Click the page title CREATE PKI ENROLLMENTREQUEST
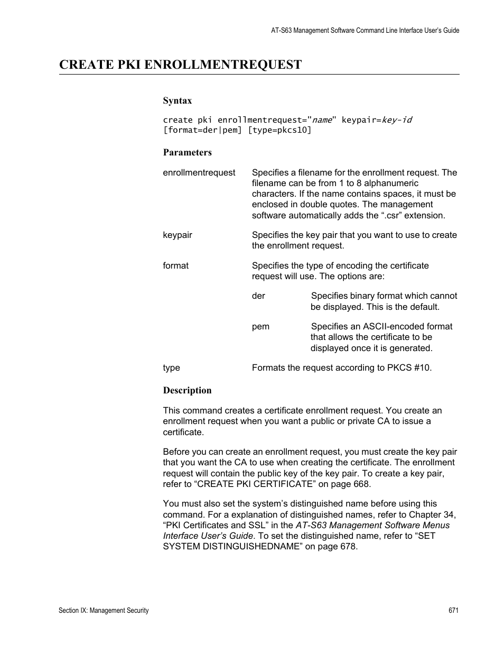pos(180,65)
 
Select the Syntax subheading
pos(177,100)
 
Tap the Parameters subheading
pos(187,152)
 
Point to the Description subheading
pos(187,390)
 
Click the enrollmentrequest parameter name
pos(199,172)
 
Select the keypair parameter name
pos(178,235)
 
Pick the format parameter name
pos(175,265)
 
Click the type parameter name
pos(171,367)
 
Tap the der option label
pos(258,296)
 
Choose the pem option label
pos(260,326)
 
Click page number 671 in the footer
pos(453,610)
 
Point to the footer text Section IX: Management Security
pos(104,610)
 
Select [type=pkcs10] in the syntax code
pos(280,130)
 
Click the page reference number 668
pos(361,484)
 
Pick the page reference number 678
pos(348,546)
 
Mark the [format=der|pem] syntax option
pos(203,130)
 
